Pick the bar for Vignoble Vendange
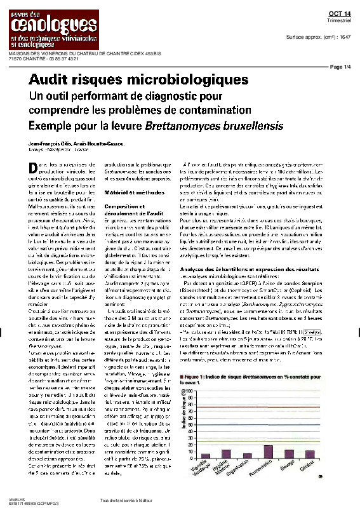(x=205, y=455)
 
